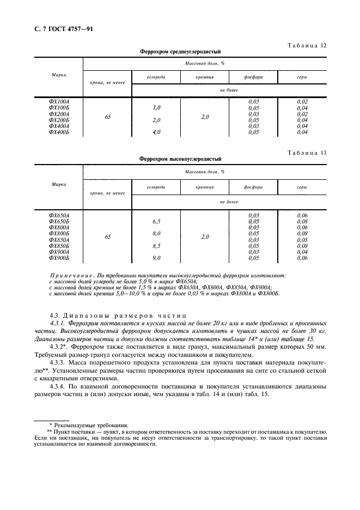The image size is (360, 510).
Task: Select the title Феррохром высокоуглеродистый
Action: (x=180, y=159)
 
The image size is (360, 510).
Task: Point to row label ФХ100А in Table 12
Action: (x=59, y=101)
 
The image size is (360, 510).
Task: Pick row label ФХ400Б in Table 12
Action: (x=59, y=132)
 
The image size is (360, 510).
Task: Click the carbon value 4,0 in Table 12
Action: (x=156, y=132)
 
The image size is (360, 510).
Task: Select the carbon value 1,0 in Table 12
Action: (x=156, y=107)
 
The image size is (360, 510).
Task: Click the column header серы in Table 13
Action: (x=302, y=186)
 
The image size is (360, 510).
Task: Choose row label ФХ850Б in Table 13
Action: (x=59, y=246)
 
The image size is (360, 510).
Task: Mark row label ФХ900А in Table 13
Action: (x=59, y=252)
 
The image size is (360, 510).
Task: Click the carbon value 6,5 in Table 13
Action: (x=156, y=222)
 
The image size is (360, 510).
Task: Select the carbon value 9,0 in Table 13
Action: (x=156, y=258)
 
